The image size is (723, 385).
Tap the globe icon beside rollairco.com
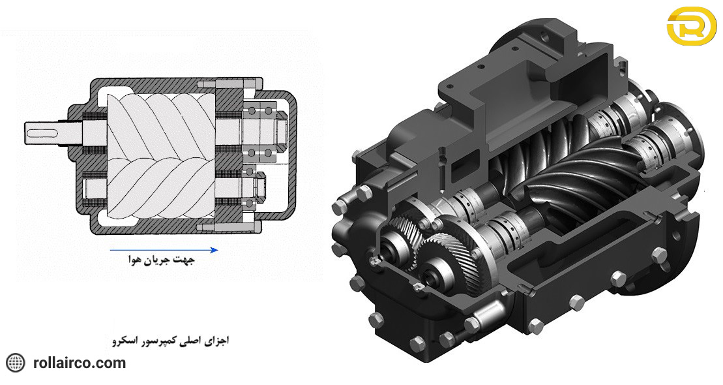tap(15, 363)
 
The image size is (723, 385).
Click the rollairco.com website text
tap(79, 363)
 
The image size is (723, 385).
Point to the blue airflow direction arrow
tap(163, 249)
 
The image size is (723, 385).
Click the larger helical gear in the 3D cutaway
tap(450, 251)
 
